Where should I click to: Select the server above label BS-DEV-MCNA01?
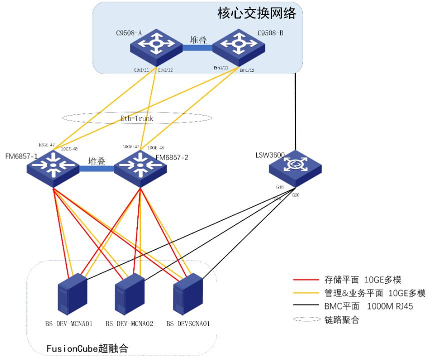(72, 292)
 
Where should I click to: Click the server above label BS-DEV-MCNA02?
(129, 292)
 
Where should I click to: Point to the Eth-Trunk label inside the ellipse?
(136, 118)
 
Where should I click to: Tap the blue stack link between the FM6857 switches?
(97, 169)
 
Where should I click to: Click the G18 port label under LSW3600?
(280, 187)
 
